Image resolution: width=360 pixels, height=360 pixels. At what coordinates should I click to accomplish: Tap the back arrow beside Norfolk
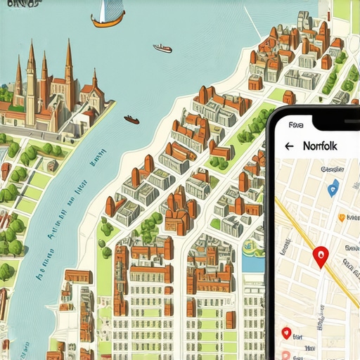(x=288, y=146)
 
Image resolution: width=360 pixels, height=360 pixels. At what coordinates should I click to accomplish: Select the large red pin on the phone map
(x=321, y=257)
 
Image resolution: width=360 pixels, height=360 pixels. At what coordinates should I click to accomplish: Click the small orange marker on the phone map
(x=342, y=217)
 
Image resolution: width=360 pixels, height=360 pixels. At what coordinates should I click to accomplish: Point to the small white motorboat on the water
(x=162, y=49)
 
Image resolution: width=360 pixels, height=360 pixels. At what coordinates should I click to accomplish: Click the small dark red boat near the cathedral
(x=131, y=120)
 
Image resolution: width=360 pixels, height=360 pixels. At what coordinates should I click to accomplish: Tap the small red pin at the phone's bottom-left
(x=285, y=333)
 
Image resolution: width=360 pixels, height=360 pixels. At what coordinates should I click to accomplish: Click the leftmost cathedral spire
(x=18, y=81)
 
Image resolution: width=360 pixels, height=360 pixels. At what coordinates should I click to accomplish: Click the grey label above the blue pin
(x=330, y=169)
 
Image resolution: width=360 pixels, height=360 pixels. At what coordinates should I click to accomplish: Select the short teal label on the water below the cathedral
(x=91, y=163)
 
